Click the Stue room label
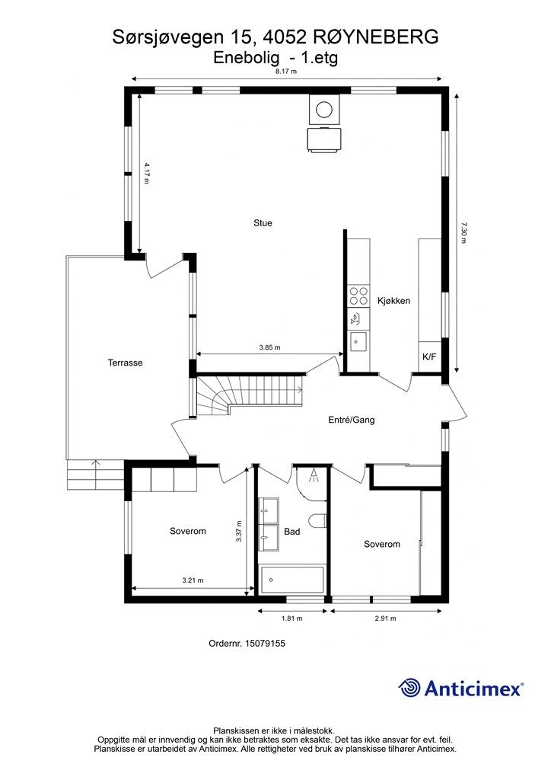coord(263,223)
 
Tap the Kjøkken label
coord(393,300)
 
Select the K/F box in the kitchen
coord(430,356)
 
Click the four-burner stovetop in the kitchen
coord(358,296)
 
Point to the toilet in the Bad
coord(318,521)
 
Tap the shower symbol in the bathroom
coord(314,476)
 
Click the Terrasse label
coord(126,363)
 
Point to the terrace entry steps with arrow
coord(95,475)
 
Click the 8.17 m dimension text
coord(286,71)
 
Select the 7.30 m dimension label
coord(463,232)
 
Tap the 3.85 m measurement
coord(269,347)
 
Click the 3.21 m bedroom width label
coord(193,580)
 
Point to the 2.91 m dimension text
coord(386,619)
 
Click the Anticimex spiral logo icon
coord(409,688)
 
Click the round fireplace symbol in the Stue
coord(325,108)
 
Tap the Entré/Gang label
coord(352,420)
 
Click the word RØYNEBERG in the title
coord(377,37)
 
